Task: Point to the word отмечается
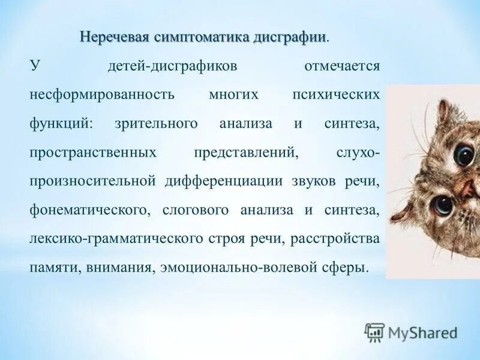(x=342, y=65)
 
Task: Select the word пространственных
(x=93, y=152)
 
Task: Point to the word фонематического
(x=89, y=210)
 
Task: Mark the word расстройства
(x=335, y=239)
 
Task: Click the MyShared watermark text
(x=422, y=332)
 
